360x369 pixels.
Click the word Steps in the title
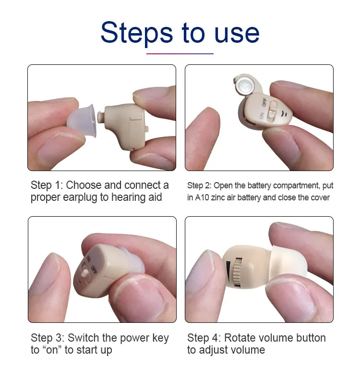137,32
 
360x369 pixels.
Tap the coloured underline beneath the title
180,53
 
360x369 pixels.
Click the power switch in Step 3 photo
86,275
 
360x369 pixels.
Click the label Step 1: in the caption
47,185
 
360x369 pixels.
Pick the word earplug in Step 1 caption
79,197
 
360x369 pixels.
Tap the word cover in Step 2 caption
320,197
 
